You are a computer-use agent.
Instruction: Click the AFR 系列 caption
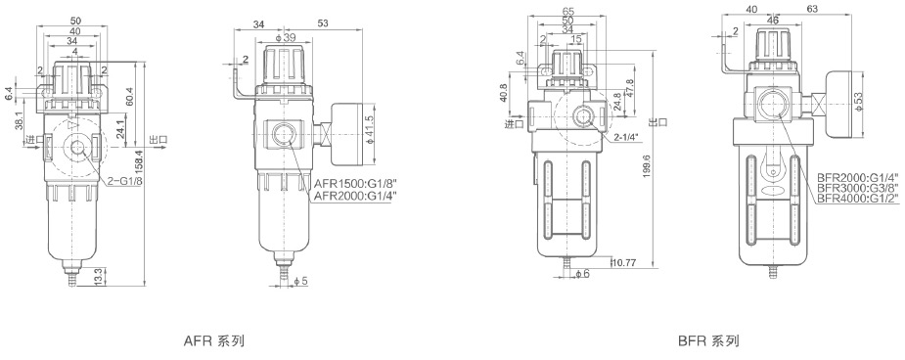point(213,341)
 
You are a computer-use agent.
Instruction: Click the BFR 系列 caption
point(708,341)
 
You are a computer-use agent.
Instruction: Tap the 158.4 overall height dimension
point(139,166)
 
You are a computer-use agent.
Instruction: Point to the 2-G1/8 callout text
point(124,181)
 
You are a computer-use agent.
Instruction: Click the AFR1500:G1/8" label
point(355,184)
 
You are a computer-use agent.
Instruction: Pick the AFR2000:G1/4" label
point(355,197)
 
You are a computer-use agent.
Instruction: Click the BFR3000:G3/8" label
point(859,188)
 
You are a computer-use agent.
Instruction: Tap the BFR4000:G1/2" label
point(859,199)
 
